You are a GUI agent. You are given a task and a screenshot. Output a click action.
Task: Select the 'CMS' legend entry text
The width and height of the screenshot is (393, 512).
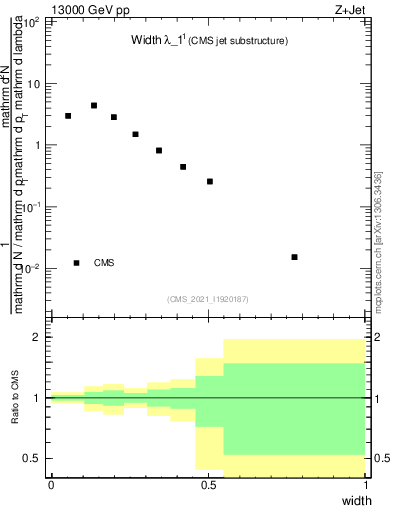click(x=104, y=263)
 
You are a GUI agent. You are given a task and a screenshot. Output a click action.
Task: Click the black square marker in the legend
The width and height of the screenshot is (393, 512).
click(x=76, y=263)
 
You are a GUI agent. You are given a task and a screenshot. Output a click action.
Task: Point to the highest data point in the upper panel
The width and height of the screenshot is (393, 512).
click(x=93, y=105)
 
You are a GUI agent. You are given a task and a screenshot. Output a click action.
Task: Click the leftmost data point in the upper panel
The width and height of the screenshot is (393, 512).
click(x=68, y=116)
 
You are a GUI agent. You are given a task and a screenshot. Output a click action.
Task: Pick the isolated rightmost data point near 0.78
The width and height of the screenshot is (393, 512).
click(x=294, y=257)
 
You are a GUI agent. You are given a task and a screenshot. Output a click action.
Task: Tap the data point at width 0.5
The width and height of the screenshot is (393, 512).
click(x=210, y=181)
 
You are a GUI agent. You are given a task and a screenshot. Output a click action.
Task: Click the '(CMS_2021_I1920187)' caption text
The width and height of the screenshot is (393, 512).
click(x=208, y=298)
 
